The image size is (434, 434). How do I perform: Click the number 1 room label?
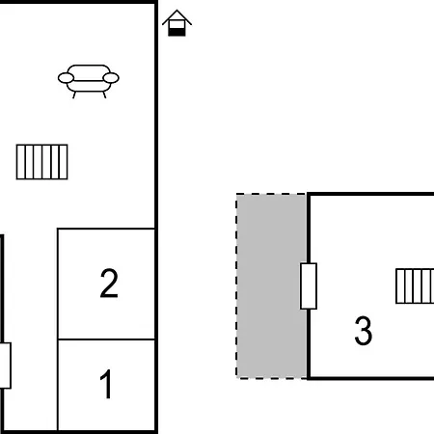click(106, 384)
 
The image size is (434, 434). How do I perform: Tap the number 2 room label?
click(109, 284)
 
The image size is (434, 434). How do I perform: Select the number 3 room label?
click(364, 331)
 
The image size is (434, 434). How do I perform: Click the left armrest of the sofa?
click(66, 78)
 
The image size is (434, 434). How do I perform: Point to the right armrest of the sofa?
click(111, 78)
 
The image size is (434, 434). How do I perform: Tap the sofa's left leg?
click(74, 95)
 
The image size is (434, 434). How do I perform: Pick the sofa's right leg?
click(104, 95)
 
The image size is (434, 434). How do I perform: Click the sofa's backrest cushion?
click(89, 72)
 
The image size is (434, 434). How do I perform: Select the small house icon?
click(176, 23)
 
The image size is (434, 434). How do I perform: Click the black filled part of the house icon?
click(176, 32)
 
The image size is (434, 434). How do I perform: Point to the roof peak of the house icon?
click(176, 11)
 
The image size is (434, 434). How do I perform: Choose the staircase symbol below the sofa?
click(42, 162)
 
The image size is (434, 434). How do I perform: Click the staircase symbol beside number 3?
click(415, 286)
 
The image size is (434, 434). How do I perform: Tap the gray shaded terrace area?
click(271, 286)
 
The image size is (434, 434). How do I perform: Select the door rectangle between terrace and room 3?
click(309, 286)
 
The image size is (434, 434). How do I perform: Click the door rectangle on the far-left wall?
click(5, 366)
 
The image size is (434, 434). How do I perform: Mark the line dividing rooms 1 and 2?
click(106, 339)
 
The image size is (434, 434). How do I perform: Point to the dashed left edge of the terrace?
click(236, 286)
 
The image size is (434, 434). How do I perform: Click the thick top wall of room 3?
click(370, 194)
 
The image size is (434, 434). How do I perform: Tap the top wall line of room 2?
click(106, 229)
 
